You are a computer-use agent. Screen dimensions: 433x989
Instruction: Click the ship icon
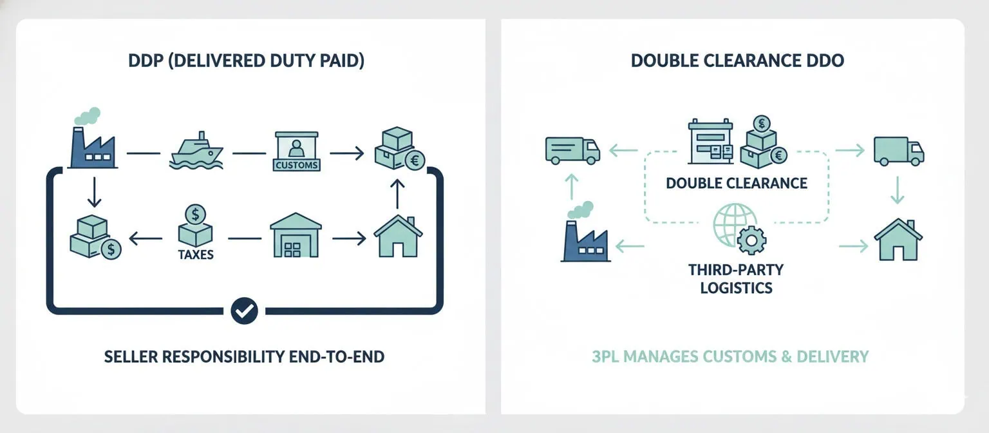196,152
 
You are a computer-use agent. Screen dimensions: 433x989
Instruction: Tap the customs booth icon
296,152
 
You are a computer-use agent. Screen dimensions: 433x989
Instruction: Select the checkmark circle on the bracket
244,311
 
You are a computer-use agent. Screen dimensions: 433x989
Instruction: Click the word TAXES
195,255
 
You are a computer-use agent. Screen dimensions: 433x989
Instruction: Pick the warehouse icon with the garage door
296,235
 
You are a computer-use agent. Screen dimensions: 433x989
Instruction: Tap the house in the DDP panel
398,236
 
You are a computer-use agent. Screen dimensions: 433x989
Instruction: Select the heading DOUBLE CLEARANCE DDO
737,61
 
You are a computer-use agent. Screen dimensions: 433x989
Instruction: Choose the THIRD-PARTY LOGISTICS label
736,278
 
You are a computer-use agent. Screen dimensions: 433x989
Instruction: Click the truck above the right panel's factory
572,150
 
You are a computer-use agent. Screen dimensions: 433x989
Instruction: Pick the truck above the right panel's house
898,151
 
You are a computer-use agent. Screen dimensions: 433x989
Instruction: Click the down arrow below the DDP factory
94,191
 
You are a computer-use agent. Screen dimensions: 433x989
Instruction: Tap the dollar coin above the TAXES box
194,213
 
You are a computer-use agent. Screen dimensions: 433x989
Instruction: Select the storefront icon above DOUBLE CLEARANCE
710,142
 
